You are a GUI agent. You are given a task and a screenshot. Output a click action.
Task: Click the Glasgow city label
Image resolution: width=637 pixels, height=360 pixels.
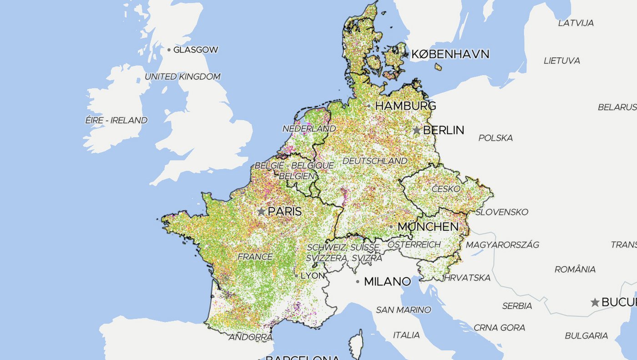click(x=196, y=50)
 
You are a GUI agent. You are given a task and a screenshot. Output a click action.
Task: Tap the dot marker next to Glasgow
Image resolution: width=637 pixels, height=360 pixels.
click(x=169, y=50)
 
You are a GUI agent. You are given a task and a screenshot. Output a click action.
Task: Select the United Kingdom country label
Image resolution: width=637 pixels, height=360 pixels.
click(x=182, y=77)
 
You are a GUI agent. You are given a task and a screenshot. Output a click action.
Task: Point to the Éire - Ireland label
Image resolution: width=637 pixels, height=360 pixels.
click(x=116, y=121)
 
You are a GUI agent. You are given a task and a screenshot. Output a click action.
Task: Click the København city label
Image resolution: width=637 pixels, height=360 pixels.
click(x=450, y=55)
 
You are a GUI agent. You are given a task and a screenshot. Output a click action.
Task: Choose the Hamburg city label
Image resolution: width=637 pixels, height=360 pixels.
click(x=405, y=106)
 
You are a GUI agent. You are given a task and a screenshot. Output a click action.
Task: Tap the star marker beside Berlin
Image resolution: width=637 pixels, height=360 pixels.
click(x=416, y=130)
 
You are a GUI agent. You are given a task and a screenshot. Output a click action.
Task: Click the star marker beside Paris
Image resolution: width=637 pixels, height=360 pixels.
click(x=261, y=212)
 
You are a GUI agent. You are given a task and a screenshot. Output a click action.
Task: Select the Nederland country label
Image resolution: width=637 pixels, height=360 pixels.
click(x=309, y=129)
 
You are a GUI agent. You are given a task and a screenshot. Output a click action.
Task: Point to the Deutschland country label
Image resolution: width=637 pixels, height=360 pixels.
click(x=375, y=161)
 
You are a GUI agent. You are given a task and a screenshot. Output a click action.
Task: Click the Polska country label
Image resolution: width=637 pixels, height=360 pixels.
click(x=495, y=138)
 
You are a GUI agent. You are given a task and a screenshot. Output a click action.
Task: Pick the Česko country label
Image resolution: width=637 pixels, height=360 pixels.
click(x=446, y=189)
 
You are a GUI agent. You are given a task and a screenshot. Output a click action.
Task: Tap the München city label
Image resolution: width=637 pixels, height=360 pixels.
click(x=428, y=227)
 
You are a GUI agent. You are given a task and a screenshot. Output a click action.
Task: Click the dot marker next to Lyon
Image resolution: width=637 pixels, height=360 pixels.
click(x=296, y=276)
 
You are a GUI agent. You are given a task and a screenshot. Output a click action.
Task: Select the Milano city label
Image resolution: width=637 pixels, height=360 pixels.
click(x=387, y=282)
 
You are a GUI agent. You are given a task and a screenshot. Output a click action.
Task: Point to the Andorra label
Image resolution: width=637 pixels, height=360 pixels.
click(x=250, y=338)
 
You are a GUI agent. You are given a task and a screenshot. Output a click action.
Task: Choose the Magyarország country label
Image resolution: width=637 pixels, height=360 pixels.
click(x=502, y=245)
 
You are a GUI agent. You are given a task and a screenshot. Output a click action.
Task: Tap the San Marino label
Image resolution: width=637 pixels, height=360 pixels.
click(x=403, y=310)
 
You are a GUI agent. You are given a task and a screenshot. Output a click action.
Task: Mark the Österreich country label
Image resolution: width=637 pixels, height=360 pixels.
click(x=414, y=244)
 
